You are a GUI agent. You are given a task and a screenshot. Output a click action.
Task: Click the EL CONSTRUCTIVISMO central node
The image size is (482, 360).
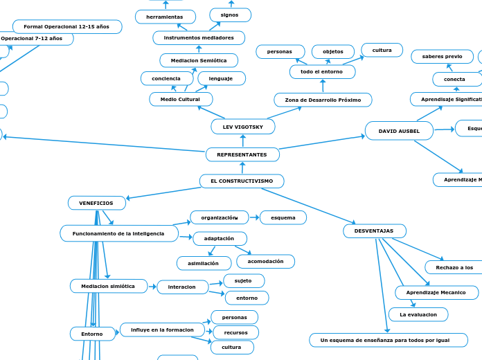(242, 181)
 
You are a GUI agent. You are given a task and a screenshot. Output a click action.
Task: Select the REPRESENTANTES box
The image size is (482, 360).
(242, 154)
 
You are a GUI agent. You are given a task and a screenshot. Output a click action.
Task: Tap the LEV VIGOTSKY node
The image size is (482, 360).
(242, 127)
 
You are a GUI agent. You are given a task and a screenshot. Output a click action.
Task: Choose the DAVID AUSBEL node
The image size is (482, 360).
(399, 131)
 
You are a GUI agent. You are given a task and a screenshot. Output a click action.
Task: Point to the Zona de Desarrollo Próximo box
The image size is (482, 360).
(323, 100)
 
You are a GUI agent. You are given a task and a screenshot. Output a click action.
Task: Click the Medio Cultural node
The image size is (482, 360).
(181, 100)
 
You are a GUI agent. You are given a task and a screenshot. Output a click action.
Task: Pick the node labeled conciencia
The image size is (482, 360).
(166, 79)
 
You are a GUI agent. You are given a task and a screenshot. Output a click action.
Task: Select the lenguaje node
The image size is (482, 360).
(221, 79)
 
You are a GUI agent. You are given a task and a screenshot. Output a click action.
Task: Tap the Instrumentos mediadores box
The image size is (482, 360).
(199, 38)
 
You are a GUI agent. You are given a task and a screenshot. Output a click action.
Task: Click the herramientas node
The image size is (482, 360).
(165, 17)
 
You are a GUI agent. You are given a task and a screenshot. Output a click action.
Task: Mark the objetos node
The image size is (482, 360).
(333, 52)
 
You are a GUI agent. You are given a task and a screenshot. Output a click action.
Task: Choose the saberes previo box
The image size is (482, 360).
(443, 57)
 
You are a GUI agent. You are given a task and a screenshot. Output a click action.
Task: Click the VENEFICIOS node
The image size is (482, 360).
(96, 203)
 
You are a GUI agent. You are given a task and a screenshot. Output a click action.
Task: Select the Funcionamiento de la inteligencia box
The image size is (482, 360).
(118, 234)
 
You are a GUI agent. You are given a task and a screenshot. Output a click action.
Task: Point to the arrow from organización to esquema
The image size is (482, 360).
(254, 218)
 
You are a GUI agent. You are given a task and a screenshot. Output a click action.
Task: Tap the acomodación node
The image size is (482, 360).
(265, 262)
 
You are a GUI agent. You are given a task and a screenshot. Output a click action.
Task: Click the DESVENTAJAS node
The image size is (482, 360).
(374, 231)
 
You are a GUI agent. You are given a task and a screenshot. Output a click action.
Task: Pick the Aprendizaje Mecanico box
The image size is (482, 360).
(436, 293)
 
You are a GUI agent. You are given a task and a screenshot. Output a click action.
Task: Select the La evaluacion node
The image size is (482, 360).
(418, 315)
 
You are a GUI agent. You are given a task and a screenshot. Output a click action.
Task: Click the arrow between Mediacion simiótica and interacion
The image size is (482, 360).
(152, 287)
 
